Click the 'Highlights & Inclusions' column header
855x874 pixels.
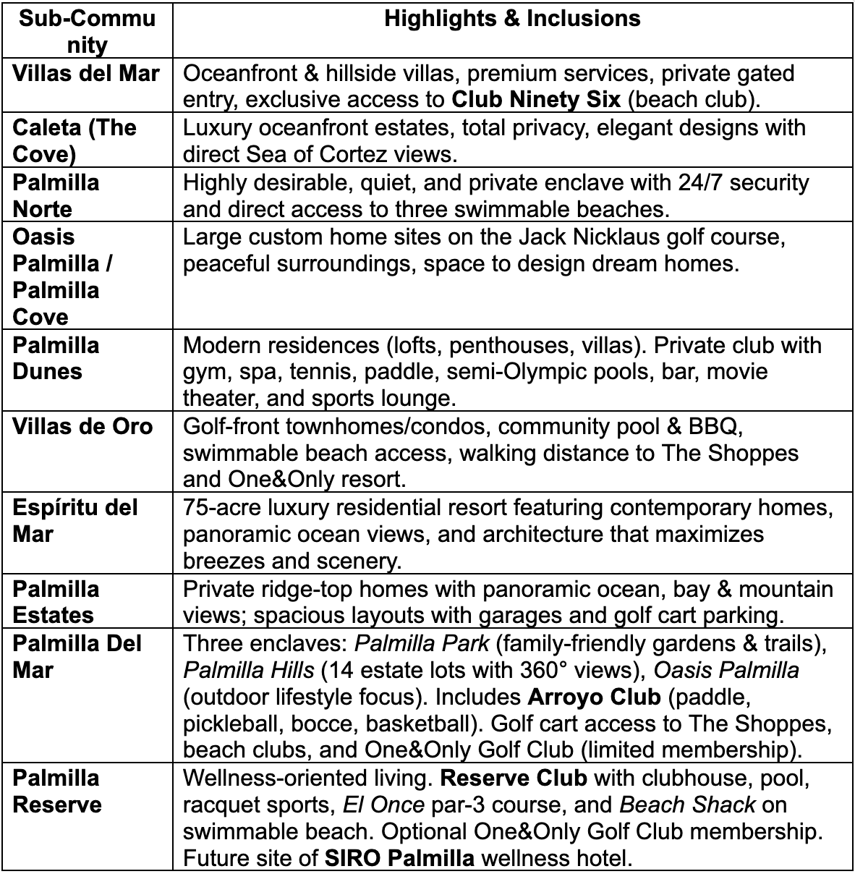coord(512,18)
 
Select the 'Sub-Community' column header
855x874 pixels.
coord(87,31)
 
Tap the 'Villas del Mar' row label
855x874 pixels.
coord(86,73)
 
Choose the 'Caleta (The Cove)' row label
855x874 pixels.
coord(75,140)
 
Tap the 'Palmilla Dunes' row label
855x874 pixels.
coord(56,358)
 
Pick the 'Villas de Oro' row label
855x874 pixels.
coord(82,426)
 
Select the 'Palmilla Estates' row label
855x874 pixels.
coord(56,602)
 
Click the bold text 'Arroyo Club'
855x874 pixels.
coord(594,697)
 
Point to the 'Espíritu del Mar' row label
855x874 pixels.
coord(75,521)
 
